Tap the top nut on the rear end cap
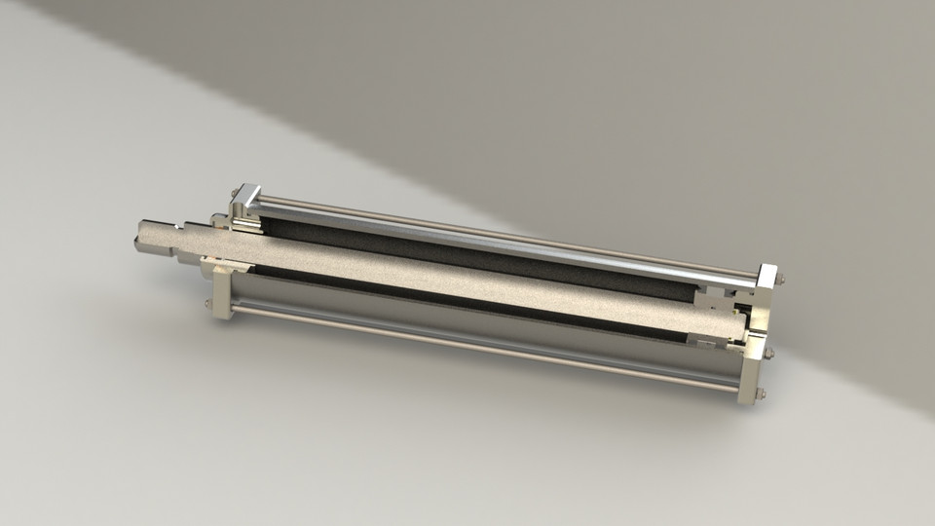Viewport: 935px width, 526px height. point(781,281)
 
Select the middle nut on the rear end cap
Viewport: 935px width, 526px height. point(768,353)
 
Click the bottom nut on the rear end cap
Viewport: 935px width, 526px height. point(761,395)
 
